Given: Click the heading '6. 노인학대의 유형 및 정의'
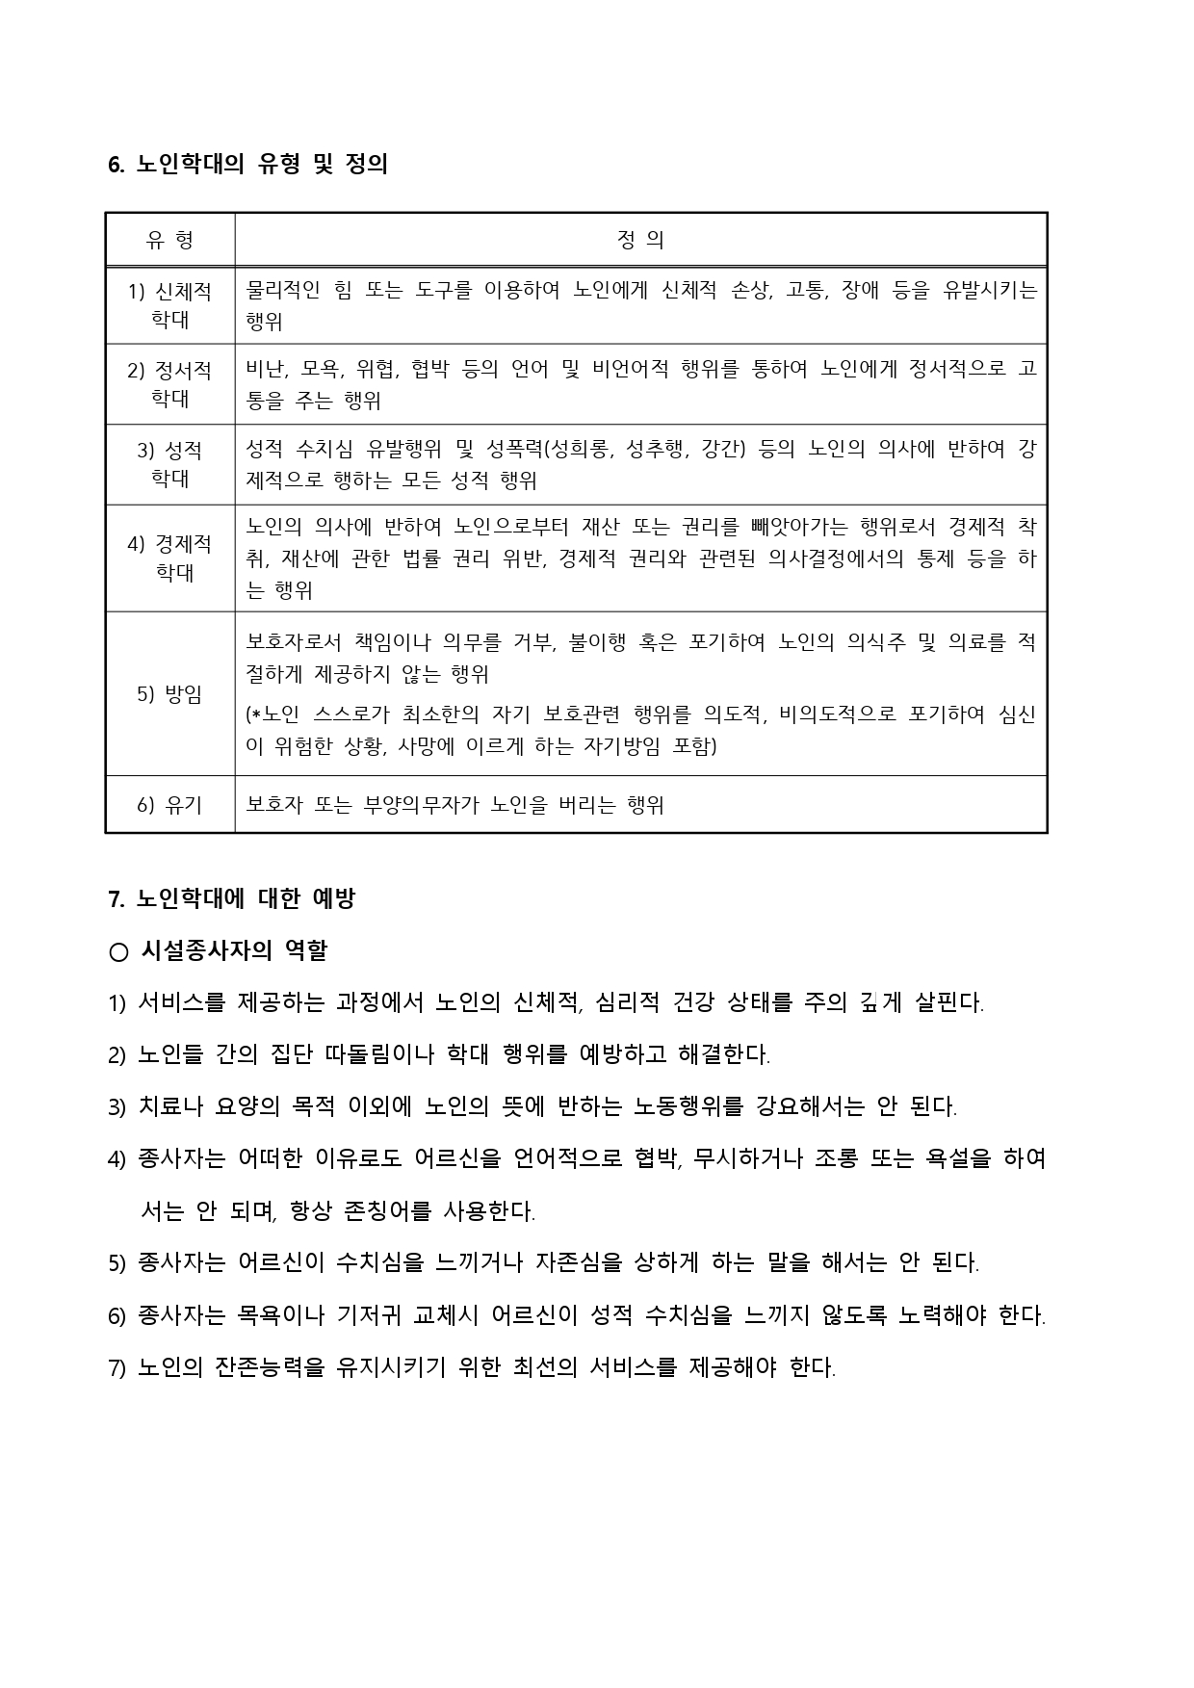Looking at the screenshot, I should click(247, 165).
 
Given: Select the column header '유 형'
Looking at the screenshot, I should click(169, 240).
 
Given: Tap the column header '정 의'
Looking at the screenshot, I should click(640, 240).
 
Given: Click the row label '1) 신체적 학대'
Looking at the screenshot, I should click(169, 305).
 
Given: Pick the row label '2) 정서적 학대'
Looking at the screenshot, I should click(169, 384).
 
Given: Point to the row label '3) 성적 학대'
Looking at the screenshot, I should click(169, 464).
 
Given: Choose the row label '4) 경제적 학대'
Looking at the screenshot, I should click(169, 558).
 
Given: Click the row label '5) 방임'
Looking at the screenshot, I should click(169, 694).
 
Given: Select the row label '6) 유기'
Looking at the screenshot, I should click(169, 805).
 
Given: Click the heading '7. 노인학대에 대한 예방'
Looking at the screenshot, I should click(232, 899).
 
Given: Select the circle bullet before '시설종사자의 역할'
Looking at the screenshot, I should click(118, 952).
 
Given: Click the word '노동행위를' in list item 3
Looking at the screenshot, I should click(688, 1107).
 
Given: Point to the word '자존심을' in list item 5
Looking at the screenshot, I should click(579, 1263).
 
